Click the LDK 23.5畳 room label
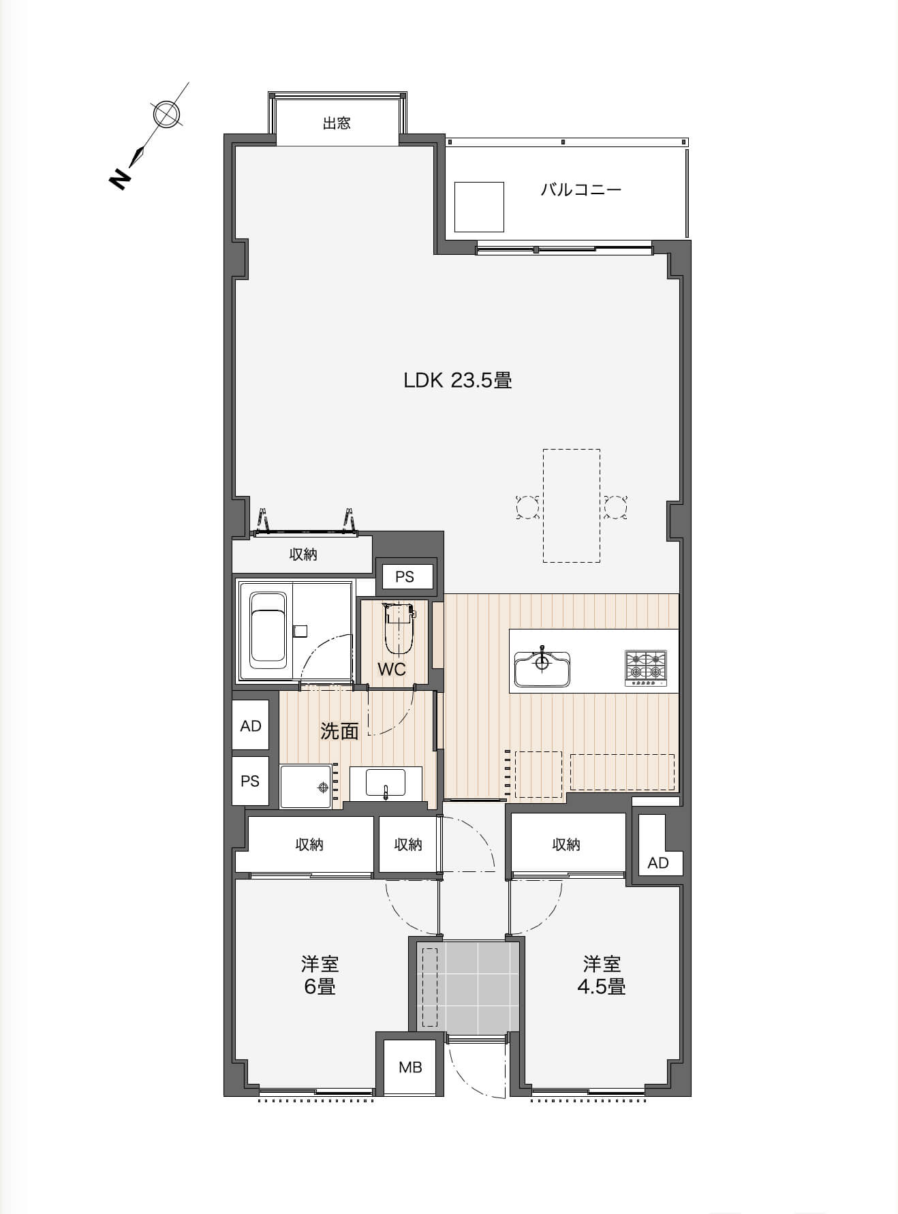(457, 380)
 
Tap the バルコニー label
(581, 189)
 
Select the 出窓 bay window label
(337, 123)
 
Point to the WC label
(392, 669)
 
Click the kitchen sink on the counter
(542, 669)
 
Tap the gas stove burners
(646, 667)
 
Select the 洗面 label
(339, 731)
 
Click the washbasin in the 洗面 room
(386, 782)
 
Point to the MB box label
(410, 1067)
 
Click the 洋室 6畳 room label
(320, 975)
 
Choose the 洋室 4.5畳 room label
(602, 975)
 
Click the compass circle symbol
(165, 114)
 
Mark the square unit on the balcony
(480, 207)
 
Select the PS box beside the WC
(405, 576)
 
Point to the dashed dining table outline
(572, 505)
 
